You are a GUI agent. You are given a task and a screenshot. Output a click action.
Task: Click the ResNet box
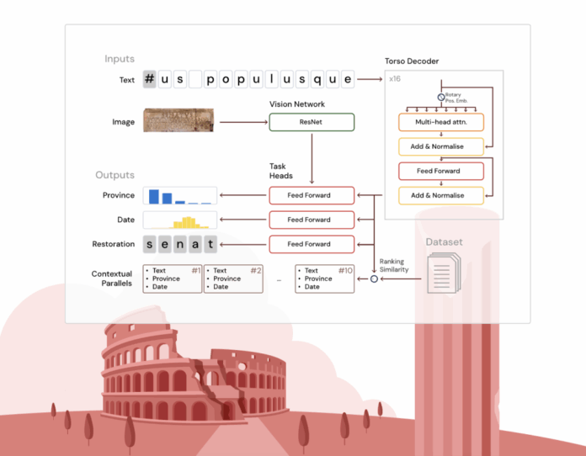[x=312, y=123]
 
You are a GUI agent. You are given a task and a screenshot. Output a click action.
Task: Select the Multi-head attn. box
[x=441, y=122]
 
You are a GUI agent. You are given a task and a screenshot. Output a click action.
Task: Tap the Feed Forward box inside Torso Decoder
[x=441, y=171]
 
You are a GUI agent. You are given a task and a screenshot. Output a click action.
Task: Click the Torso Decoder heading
[x=412, y=61]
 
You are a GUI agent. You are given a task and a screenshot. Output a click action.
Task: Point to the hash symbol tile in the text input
[x=150, y=80]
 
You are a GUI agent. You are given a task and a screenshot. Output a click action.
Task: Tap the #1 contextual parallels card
[x=173, y=279]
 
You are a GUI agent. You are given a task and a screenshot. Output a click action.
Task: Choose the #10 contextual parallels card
[x=325, y=279]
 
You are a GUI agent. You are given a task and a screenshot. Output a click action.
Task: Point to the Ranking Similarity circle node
[x=374, y=278]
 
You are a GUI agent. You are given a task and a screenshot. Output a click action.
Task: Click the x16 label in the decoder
[x=395, y=79]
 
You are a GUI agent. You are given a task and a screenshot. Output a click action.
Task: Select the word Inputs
[x=120, y=59]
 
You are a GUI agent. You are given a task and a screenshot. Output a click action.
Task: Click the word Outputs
[x=115, y=175]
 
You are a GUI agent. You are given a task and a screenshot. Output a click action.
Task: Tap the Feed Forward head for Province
[x=312, y=195]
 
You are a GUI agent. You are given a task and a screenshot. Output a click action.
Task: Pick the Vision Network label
[x=298, y=103]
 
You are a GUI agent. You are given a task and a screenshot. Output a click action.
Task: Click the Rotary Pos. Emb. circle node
[x=439, y=98]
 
